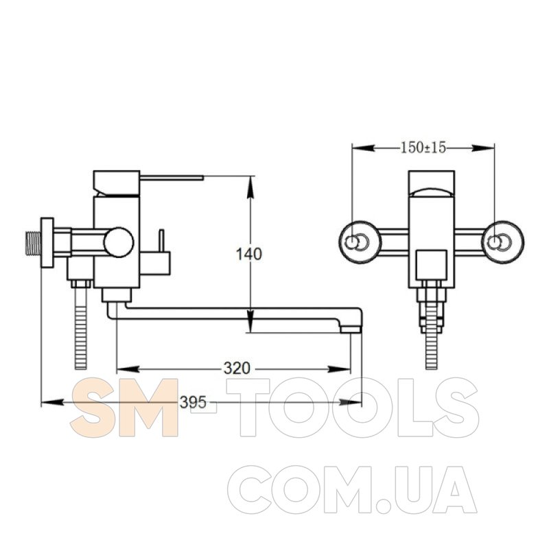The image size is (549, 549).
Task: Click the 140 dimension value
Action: pos(249,254)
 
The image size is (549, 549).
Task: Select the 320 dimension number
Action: pos(237,369)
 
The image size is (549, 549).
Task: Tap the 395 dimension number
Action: pos(193,402)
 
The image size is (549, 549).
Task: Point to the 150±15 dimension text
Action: pos(423,148)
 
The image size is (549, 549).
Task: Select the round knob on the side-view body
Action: pos(119,242)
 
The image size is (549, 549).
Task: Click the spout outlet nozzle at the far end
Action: pos(350,329)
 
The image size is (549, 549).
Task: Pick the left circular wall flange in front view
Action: pos(360,242)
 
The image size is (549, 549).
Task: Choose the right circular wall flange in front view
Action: pos(503,242)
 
